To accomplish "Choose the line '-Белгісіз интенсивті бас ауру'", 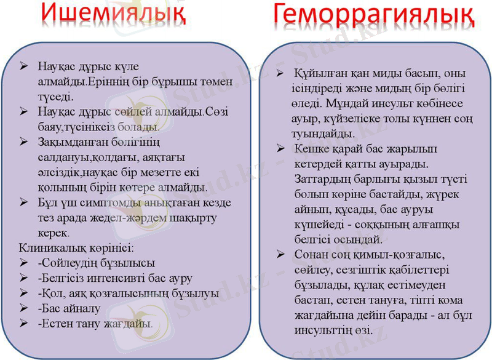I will [x=114, y=278].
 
